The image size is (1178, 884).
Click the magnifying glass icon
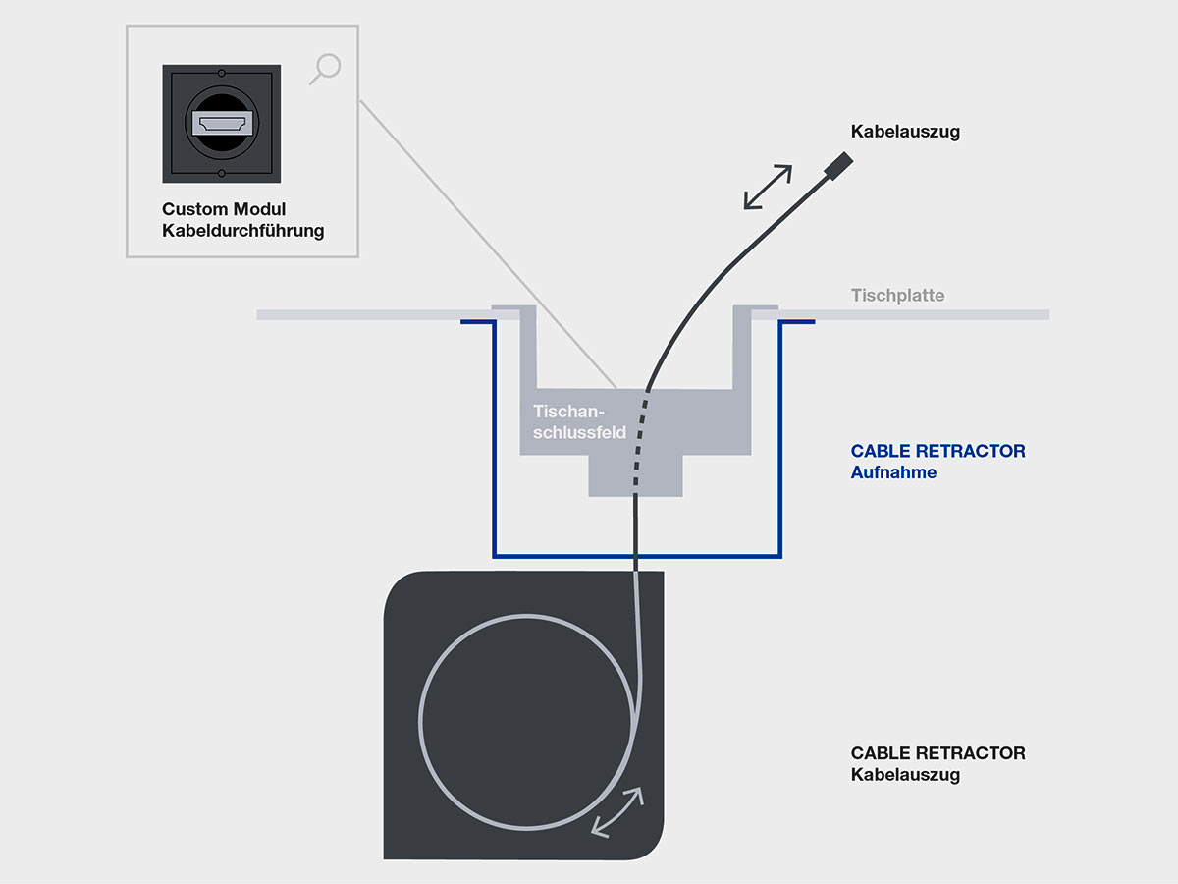pyautogui.click(x=326, y=69)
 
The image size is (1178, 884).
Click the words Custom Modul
pyautogui.click(x=224, y=210)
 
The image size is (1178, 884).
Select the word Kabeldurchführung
pyautogui.click(x=242, y=232)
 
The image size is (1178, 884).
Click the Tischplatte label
pyautogui.click(x=897, y=295)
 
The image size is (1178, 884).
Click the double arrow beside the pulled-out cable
pyautogui.click(x=768, y=187)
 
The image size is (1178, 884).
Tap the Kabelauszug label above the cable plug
pyautogui.click(x=905, y=132)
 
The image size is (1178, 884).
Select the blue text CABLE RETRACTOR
pyautogui.click(x=937, y=452)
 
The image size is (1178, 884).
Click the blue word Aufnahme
pyautogui.click(x=893, y=472)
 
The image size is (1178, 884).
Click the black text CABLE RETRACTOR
pyautogui.click(x=937, y=753)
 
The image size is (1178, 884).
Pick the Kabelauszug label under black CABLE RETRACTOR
pyautogui.click(x=905, y=775)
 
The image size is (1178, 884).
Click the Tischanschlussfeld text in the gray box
pyautogui.click(x=579, y=421)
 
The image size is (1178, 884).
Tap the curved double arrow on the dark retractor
pyautogui.click(x=617, y=811)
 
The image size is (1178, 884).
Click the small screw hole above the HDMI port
pyautogui.click(x=222, y=74)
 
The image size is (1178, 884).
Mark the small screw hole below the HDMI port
pyautogui.click(x=222, y=174)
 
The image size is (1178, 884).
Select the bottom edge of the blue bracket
pyautogui.click(x=638, y=555)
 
